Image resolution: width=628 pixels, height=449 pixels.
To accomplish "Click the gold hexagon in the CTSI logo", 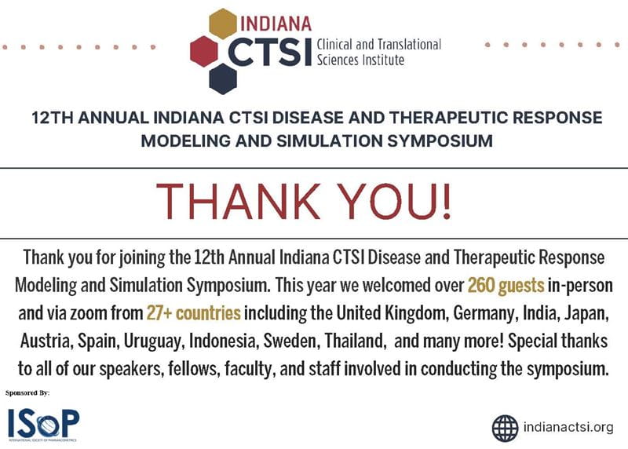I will click(x=224, y=24).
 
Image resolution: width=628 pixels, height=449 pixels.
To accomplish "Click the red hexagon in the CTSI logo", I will click(x=204, y=51).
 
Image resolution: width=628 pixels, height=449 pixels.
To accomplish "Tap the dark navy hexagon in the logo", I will click(x=224, y=78).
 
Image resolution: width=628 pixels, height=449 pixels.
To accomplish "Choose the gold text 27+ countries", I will click(x=193, y=314).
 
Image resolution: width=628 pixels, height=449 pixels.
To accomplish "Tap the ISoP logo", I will click(x=43, y=425).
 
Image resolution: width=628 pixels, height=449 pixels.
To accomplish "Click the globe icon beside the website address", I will click(x=505, y=427).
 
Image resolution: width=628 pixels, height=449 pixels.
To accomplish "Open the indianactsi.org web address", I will click(x=568, y=428).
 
